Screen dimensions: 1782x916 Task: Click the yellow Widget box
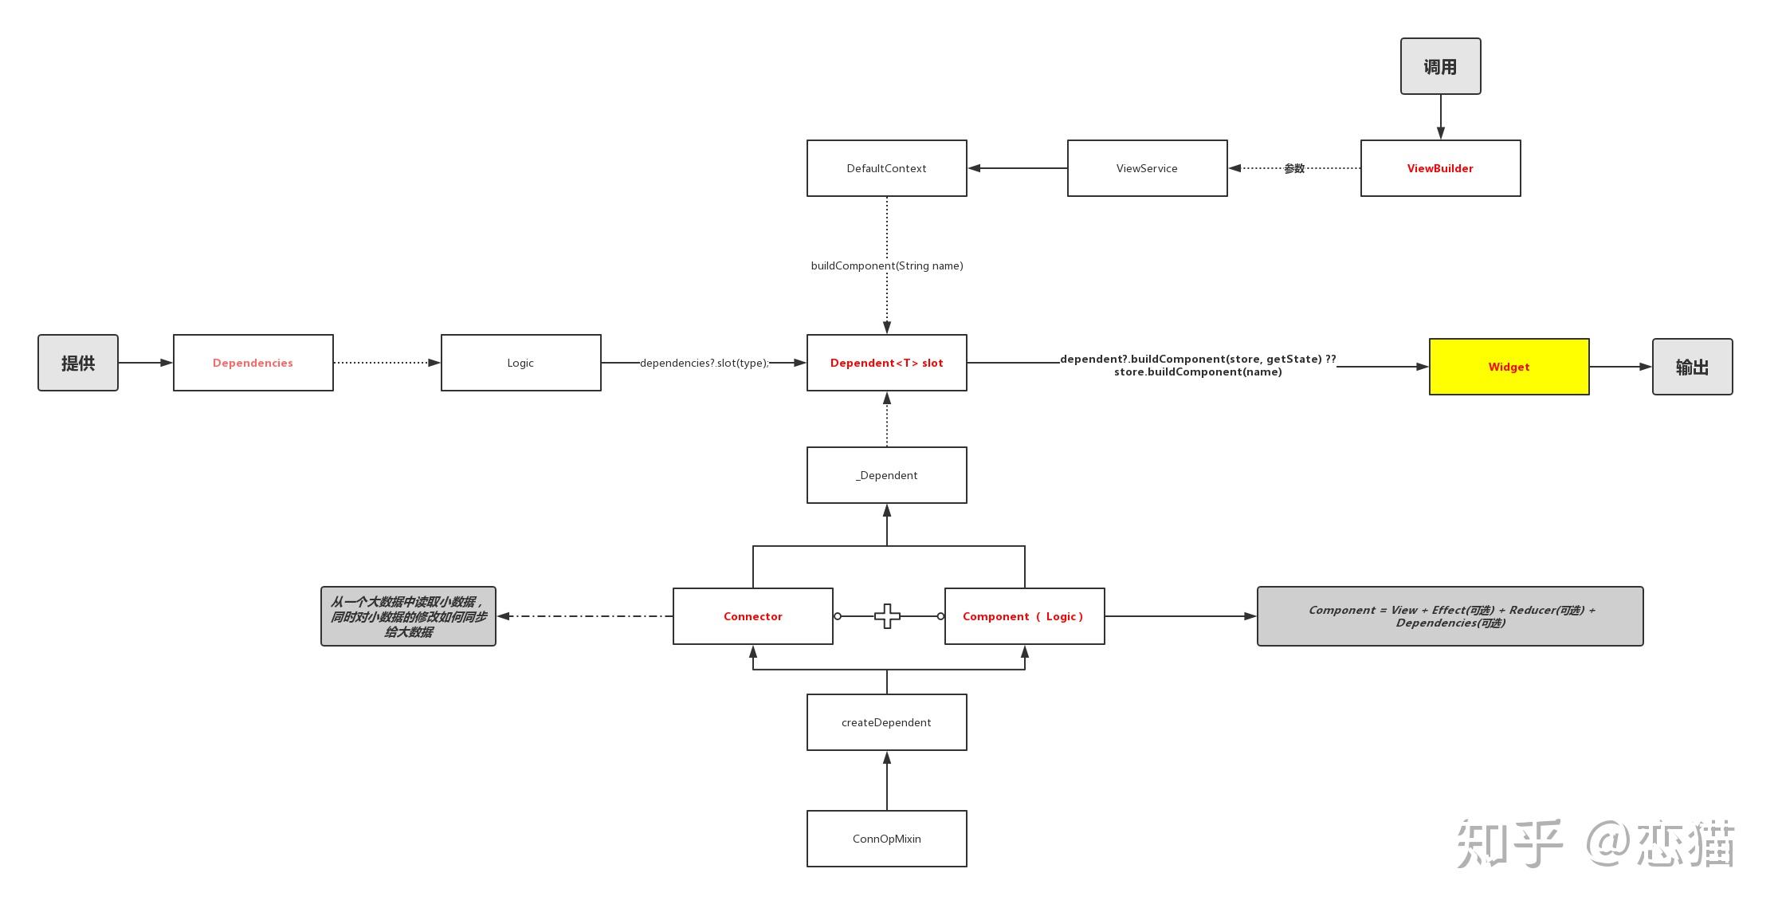[x=1509, y=367]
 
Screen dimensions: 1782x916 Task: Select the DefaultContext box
[x=886, y=168]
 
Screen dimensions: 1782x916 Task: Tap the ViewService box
[x=1147, y=168]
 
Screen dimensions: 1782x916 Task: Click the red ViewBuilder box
[x=1440, y=168]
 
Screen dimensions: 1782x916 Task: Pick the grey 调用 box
[x=1440, y=66]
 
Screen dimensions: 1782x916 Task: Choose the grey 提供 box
[x=78, y=363]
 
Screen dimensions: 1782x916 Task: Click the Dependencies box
[x=253, y=363]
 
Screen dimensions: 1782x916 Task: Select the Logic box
[x=520, y=363]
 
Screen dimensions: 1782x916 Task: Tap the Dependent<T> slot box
[x=886, y=363]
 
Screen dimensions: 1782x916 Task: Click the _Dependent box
[x=886, y=475]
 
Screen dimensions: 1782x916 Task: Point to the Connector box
[x=752, y=616]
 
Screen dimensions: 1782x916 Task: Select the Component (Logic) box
[x=1024, y=616]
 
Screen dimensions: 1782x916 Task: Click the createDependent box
[x=886, y=722]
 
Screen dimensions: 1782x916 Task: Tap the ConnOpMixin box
[x=886, y=839]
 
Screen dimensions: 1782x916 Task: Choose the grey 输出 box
[x=1692, y=367]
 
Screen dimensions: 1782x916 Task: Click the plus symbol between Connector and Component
[x=887, y=616]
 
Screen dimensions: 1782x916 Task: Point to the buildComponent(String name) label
[x=887, y=265]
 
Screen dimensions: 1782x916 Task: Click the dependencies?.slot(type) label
[x=704, y=363]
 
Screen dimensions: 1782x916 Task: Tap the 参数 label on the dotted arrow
[x=1294, y=168]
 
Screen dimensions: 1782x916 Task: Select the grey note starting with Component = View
[x=1450, y=616]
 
